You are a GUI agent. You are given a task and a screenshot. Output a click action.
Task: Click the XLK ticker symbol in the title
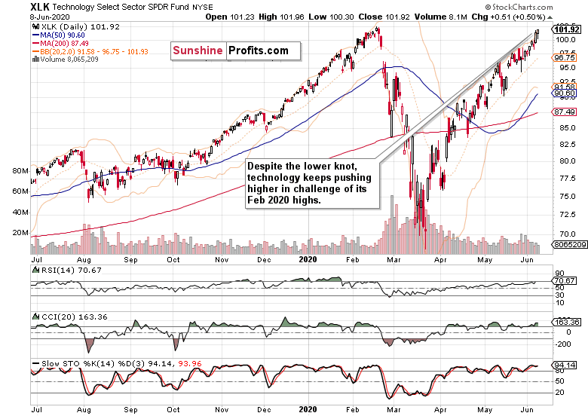pos(18,7)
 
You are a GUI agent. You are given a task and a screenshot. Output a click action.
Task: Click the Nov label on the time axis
pos(222,258)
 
